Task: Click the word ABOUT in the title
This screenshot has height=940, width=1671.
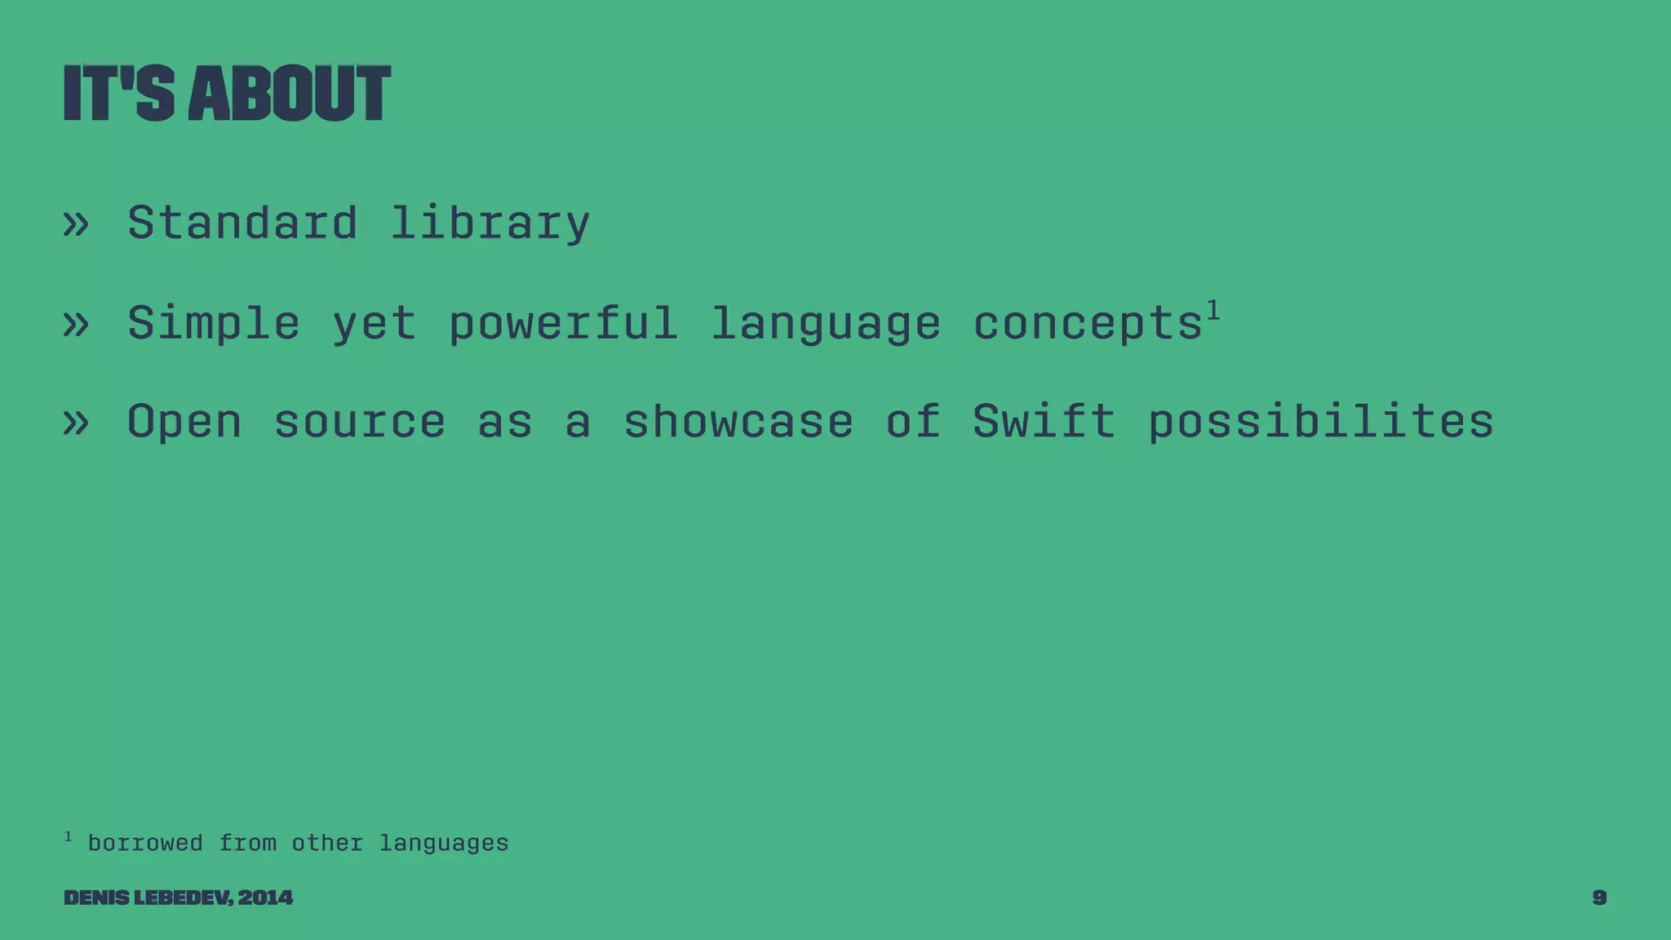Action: (289, 94)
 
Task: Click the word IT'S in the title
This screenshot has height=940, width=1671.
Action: (119, 94)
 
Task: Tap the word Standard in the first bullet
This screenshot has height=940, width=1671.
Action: (242, 222)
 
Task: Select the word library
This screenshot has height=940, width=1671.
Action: (490, 224)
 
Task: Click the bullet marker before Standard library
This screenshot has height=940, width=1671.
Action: (76, 224)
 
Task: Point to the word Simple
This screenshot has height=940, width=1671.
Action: (214, 323)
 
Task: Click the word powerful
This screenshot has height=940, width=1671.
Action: (563, 323)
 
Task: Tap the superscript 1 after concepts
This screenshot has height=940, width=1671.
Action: (1213, 310)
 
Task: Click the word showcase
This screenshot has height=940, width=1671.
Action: (738, 422)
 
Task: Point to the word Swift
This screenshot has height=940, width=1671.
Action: (1044, 422)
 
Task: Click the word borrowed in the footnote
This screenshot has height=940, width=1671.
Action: (145, 842)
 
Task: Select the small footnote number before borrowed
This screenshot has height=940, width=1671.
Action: (69, 836)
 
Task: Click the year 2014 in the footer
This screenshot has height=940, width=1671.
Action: (265, 898)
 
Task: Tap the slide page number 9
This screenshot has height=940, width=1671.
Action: (1599, 898)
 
